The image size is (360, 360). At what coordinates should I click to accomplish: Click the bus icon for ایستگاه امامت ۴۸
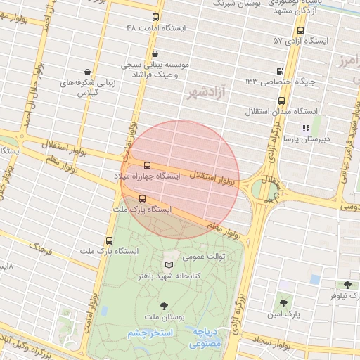click(x=155, y=17)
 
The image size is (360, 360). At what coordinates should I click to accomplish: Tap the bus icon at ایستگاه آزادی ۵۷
click(x=301, y=30)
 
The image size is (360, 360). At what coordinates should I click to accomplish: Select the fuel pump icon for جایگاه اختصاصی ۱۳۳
click(x=281, y=71)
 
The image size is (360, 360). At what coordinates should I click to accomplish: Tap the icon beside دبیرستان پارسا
click(x=305, y=128)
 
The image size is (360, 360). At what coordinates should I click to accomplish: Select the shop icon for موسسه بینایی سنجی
click(x=155, y=53)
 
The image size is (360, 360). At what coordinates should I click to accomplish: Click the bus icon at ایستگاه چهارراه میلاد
click(x=146, y=165)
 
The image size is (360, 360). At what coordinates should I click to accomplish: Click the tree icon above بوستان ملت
click(x=164, y=306)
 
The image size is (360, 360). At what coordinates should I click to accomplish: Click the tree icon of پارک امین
click(x=283, y=303)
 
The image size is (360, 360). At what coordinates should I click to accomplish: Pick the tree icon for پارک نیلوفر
click(x=347, y=285)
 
